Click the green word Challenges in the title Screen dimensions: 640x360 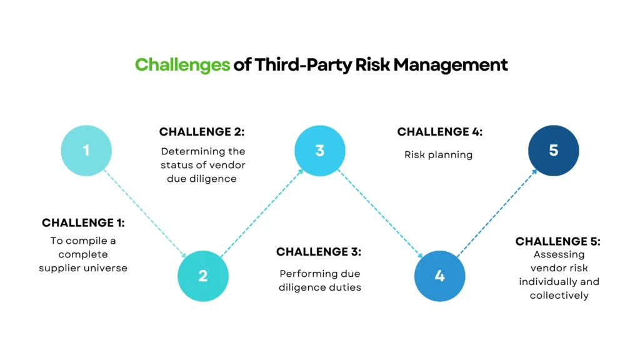182,65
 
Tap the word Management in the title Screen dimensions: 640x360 451,64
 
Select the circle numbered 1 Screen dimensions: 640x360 86,151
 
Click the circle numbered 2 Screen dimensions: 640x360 203,276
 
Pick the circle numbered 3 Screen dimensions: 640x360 320,151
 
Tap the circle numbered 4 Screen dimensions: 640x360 439,276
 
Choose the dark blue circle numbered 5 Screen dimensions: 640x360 554,151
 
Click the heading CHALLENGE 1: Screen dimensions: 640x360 83,222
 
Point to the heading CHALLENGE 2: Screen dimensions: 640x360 202,131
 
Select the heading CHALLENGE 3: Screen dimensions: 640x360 319,251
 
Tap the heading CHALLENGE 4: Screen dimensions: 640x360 440,131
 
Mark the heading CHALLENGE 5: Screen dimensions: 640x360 558,241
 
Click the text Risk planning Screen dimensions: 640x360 438,155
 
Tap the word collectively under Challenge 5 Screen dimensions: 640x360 559,295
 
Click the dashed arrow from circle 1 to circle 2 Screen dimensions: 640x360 145,213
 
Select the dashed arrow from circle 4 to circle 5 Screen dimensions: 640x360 497,213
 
